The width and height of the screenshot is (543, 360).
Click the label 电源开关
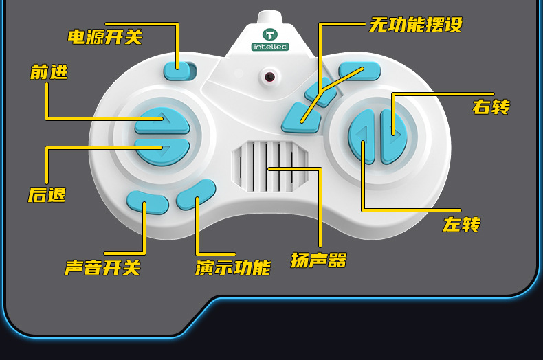coord(104,36)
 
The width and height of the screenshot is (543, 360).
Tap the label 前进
coord(49,71)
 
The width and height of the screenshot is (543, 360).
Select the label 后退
coord(47,194)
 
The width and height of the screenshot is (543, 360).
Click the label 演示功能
coord(232,267)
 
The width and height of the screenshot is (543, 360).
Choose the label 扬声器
coord(318,260)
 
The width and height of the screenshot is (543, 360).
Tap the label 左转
coord(461,224)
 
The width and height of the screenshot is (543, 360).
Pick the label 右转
coord(491,106)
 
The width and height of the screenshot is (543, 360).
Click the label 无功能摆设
coord(415,25)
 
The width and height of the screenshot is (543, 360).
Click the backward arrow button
coord(162,150)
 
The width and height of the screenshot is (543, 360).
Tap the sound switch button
coord(147,201)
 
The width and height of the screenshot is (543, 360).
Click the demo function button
coord(196,194)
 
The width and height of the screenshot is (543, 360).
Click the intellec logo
coord(270,40)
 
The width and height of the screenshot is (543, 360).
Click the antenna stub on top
coord(270,17)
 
